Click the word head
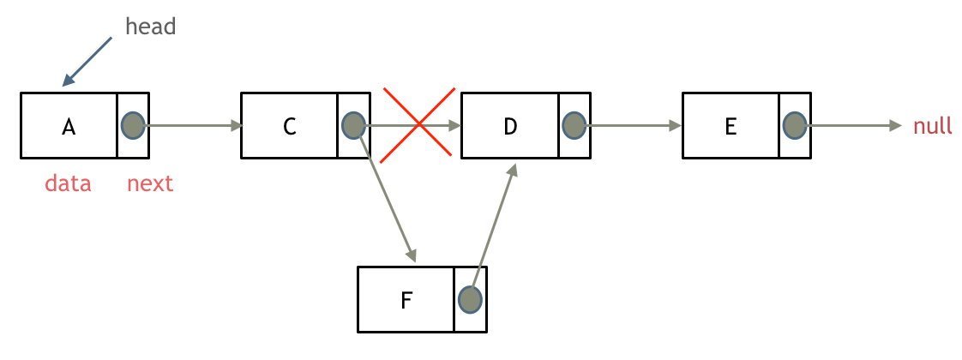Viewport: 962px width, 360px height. tap(150, 27)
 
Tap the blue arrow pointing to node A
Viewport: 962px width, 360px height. tap(87, 62)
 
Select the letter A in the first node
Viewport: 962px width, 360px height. tap(69, 127)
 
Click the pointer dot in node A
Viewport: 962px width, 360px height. tap(133, 125)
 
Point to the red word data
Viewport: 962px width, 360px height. tap(68, 183)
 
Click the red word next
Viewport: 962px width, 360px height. tap(150, 183)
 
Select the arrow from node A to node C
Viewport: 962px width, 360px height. tap(193, 126)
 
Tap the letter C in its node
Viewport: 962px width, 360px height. tap(290, 127)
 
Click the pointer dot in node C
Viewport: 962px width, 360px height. tap(353, 125)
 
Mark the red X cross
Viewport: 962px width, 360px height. tap(418, 125)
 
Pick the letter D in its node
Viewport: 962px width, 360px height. tap(510, 127)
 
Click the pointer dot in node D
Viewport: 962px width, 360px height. tap(574, 125)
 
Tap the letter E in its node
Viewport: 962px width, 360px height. tap(731, 127)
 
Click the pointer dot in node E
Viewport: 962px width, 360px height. tap(795, 125)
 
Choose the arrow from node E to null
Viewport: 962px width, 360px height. tap(853, 126)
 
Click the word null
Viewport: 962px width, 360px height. tap(933, 127)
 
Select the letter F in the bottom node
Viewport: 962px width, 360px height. tap(406, 300)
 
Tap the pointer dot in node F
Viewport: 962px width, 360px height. tap(470, 299)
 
